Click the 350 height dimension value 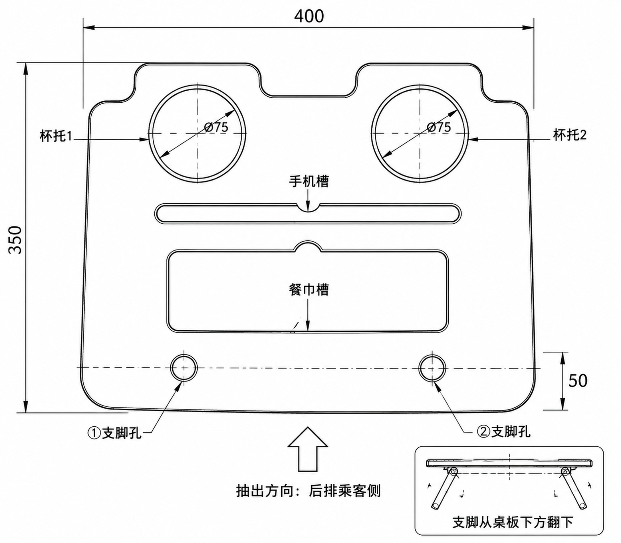15,240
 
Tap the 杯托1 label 56,136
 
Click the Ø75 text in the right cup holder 438,127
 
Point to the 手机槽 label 309,181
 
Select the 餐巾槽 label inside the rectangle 309,289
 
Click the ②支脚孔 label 504,431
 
